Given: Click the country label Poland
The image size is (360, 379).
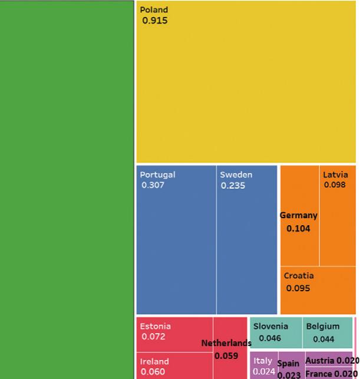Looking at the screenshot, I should click(154, 10).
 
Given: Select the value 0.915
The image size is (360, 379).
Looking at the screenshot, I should click(155, 21).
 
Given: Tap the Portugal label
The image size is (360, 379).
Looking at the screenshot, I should click(157, 174).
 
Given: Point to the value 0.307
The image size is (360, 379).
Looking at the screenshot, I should click(153, 185).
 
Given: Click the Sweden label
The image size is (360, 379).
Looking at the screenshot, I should click(236, 174).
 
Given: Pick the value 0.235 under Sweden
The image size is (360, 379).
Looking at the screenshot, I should click(233, 186).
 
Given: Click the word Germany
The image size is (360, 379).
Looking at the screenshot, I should click(299, 216).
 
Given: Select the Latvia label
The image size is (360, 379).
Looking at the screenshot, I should click(335, 174).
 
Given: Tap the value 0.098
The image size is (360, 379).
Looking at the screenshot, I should click(335, 185).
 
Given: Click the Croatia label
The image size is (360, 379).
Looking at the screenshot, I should click(299, 276).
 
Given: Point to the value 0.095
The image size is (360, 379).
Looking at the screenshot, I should click(298, 289).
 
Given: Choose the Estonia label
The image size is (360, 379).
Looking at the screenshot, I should click(156, 326).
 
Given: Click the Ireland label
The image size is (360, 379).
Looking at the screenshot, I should click(154, 361).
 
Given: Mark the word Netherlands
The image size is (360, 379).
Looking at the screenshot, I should click(226, 343).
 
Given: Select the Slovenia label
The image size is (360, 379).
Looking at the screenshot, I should click(270, 326).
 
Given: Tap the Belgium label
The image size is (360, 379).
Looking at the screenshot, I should click(323, 326).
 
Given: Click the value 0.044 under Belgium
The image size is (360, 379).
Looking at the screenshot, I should click(323, 339).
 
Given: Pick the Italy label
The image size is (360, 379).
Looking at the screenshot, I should click(263, 361).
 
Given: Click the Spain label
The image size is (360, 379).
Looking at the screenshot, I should click(289, 364).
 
